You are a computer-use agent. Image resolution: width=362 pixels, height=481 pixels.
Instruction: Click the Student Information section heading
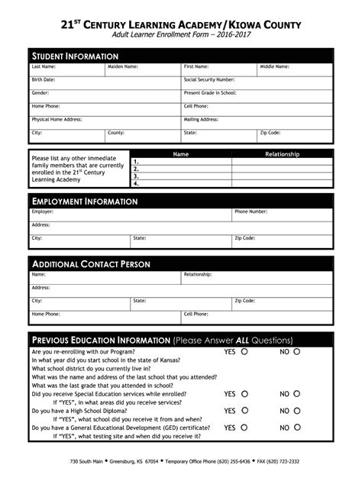[74, 56]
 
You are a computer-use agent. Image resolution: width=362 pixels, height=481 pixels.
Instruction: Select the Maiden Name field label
[122, 67]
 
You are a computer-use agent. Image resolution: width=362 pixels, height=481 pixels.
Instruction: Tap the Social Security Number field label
[208, 79]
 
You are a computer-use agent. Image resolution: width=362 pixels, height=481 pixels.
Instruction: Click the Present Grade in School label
[210, 92]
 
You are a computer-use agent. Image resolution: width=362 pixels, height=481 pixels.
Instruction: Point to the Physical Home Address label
[56, 119]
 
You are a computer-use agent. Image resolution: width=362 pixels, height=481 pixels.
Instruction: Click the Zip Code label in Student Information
[270, 132]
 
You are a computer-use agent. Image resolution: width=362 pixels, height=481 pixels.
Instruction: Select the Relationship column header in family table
[282, 153]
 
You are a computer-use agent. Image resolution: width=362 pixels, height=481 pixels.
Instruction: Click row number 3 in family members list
[136, 176]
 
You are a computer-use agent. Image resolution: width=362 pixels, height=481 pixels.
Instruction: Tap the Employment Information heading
[84, 202]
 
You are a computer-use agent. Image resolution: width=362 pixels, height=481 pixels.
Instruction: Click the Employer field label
[42, 211]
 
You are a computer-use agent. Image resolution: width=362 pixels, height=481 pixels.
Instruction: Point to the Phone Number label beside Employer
[250, 211]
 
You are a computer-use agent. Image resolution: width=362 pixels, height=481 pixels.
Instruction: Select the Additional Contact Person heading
[90, 264]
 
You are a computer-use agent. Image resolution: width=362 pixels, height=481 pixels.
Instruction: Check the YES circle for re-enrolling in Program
[244, 352]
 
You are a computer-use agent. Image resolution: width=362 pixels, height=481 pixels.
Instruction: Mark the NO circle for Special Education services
[297, 394]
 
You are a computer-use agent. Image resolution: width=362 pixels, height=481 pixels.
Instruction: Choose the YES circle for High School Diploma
[244, 411]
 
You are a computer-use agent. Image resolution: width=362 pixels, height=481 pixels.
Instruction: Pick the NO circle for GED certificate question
[297, 428]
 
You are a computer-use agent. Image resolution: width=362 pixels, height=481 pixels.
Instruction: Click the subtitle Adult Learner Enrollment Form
[181, 36]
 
